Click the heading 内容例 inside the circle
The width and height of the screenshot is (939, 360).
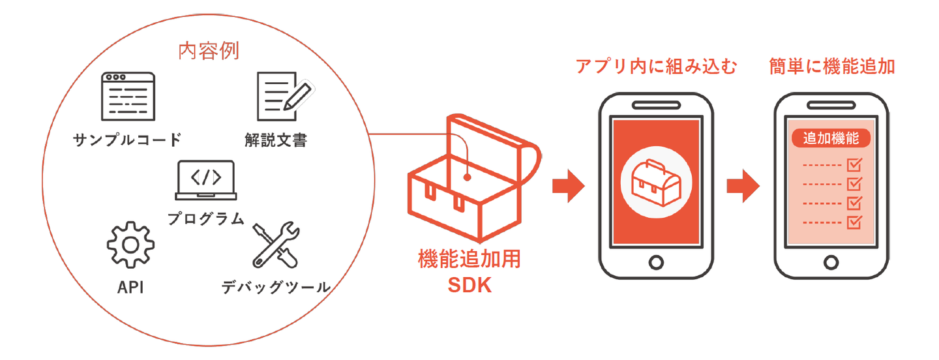[209, 51]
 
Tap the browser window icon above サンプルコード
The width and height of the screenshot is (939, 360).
[128, 97]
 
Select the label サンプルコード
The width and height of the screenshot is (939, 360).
[127, 140]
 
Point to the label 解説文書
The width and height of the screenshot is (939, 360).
[276, 140]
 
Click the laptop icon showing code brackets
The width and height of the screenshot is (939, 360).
[206, 180]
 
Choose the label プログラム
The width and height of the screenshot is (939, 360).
[206, 218]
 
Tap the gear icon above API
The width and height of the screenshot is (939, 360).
[131, 245]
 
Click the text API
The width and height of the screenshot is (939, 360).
[130, 288]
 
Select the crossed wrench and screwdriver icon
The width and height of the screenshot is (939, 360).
[276, 245]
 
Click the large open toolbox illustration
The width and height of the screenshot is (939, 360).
[474, 177]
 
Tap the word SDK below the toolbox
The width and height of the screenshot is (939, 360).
[469, 286]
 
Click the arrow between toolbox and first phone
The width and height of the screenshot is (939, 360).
[569, 186]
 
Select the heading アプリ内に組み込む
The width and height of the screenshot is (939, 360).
[656, 67]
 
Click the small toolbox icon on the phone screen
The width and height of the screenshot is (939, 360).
[656, 183]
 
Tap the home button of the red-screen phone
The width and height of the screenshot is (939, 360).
[656, 263]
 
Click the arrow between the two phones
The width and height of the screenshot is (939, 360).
[743, 186]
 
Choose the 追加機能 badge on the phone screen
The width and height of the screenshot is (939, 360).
[831, 138]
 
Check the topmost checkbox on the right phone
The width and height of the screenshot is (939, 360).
[854, 165]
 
